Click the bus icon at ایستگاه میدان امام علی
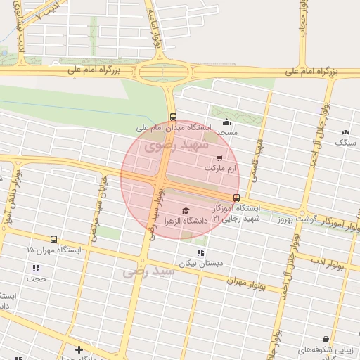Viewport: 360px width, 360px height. [x=173, y=117]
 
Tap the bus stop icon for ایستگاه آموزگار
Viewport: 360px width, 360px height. [x=236, y=198]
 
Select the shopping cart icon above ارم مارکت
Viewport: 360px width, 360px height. [x=220, y=158]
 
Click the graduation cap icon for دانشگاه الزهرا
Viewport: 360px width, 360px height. [x=186, y=210]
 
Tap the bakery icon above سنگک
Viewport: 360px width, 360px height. [x=345, y=132]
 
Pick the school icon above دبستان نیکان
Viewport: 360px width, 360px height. [x=200, y=252]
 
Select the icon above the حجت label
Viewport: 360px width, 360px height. [x=36, y=268]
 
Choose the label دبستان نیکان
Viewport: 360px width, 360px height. [x=195, y=264]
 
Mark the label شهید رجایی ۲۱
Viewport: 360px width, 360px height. [x=237, y=219]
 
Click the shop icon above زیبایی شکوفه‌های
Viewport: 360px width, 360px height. [x=325, y=339]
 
